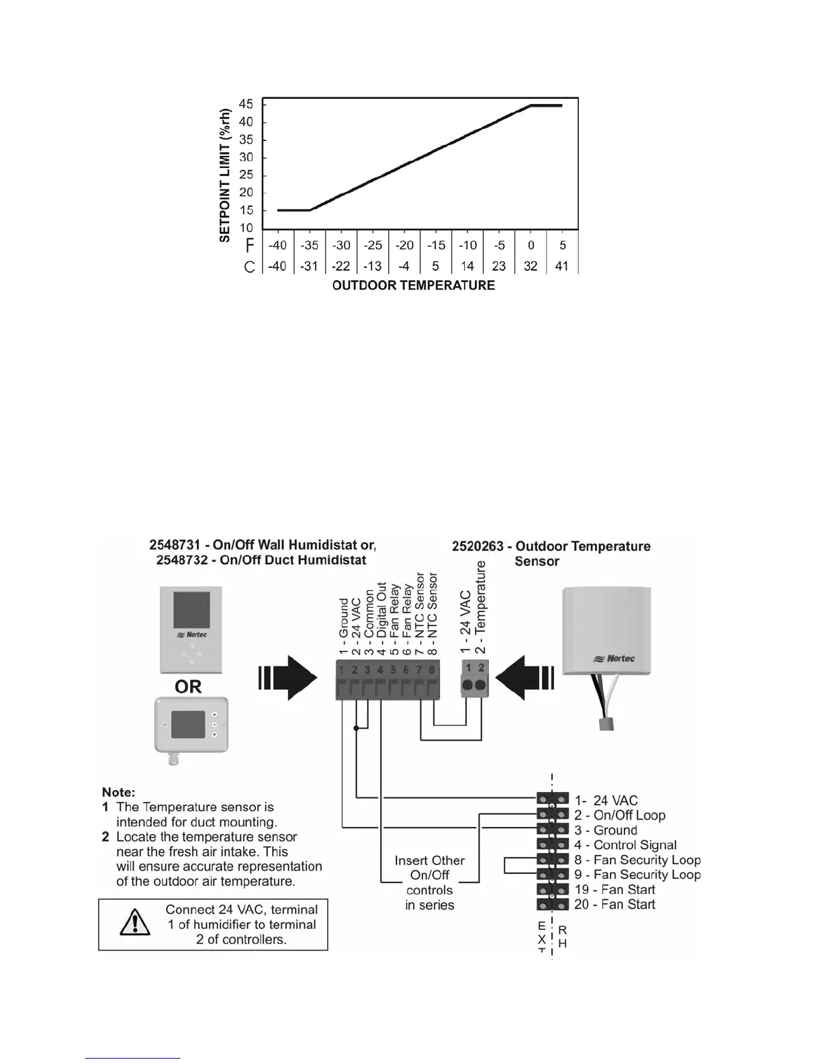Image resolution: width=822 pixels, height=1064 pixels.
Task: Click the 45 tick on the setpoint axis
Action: pyautogui.click(x=246, y=105)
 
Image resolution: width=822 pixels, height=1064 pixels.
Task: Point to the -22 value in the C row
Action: pyautogui.click(x=341, y=266)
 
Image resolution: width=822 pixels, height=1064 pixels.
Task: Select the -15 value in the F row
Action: pyautogui.click(x=436, y=245)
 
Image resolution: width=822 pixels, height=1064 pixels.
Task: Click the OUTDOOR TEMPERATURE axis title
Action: pyautogui.click(x=414, y=285)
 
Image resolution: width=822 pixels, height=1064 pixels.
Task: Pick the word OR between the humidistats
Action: pyautogui.click(x=188, y=686)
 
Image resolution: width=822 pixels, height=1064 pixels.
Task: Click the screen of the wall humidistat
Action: pyautogui.click(x=191, y=609)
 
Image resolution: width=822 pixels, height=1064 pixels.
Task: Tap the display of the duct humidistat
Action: pyautogui.click(x=188, y=725)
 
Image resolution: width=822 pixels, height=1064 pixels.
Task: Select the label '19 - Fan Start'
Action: pyautogui.click(x=614, y=889)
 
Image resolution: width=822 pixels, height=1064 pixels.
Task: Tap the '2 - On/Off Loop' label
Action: pyautogui.click(x=619, y=815)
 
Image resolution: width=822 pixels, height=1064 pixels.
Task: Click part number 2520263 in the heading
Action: pyautogui.click(x=477, y=546)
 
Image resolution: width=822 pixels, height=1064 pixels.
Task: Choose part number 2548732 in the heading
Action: pyautogui.click(x=186, y=560)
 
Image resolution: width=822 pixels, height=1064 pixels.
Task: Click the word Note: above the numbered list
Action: pyautogui.click(x=119, y=792)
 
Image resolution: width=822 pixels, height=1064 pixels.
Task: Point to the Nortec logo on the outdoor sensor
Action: pyautogui.click(x=614, y=658)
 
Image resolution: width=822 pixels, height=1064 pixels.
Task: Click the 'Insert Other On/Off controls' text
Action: pyautogui.click(x=430, y=883)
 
